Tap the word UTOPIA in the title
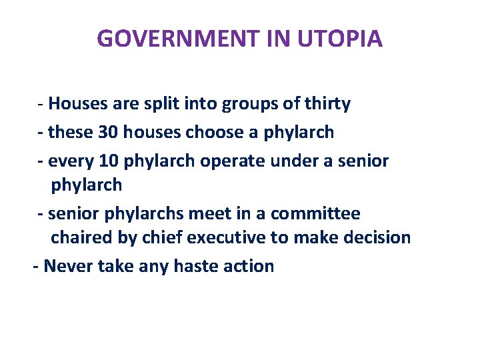coord(340,39)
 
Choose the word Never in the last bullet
coord(68,266)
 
